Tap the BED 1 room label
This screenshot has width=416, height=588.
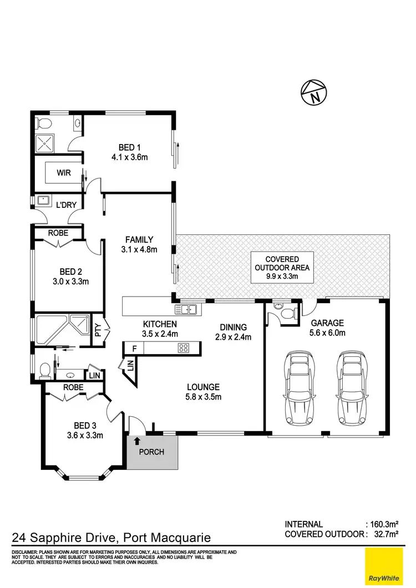[129, 147]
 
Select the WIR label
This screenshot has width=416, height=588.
[64, 172]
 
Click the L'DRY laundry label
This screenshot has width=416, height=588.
[66, 205]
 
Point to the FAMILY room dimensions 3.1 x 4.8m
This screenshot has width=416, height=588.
[139, 249]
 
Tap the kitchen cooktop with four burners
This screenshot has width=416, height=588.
[184, 348]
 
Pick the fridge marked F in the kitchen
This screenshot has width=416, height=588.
[134, 348]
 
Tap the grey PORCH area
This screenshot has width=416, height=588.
[152, 452]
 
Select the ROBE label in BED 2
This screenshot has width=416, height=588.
[58, 233]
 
